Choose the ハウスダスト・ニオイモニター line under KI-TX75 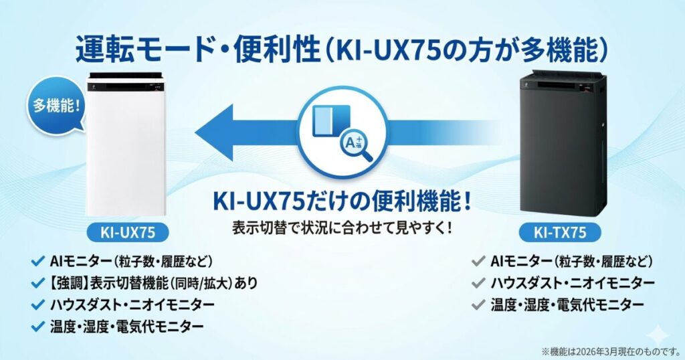coord(573,282)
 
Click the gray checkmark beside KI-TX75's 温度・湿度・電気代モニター coord(477,304)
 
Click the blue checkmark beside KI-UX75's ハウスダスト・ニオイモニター coord(37,304)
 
